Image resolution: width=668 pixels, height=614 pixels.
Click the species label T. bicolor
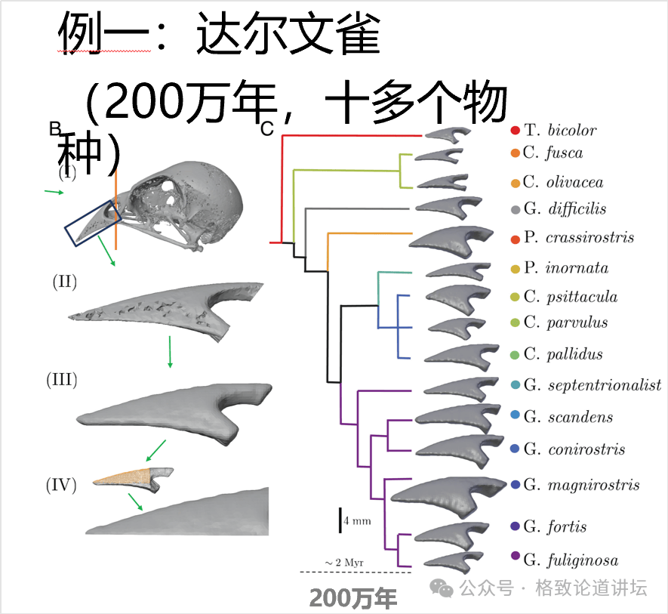tap(560, 130)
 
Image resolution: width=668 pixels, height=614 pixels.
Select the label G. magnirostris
tap(581, 484)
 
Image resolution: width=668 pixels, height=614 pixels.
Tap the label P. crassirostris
tap(578, 237)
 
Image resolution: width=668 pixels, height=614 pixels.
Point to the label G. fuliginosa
tap(571, 560)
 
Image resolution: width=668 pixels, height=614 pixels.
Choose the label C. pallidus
tap(562, 354)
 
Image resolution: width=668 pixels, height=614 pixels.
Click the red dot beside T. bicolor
tap(515, 131)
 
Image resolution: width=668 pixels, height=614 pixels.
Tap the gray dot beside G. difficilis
tap(515, 209)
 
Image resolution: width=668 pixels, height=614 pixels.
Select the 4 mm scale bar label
tap(357, 521)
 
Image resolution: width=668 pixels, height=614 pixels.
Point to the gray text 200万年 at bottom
tap(353, 598)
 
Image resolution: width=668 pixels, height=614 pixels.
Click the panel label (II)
tap(65, 282)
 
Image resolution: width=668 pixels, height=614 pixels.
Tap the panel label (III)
tap(62, 379)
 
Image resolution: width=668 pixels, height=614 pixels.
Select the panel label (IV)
tap(62, 485)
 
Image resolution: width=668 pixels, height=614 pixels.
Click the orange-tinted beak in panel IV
tap(125, 477)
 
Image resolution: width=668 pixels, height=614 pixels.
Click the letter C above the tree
tap(266, 129)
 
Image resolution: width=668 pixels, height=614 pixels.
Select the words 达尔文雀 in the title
tap(288, 34)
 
